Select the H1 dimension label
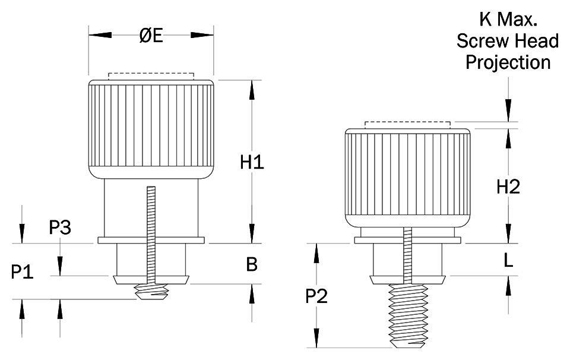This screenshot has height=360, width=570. point(252,162)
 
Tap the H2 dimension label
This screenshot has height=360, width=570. point(508,187)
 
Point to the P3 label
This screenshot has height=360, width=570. point(60,228)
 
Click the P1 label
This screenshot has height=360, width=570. point(22,273)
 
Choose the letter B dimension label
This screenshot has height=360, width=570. point(252,264)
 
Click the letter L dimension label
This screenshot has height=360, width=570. point(508,260)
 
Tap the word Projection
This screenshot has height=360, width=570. point(508,62)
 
